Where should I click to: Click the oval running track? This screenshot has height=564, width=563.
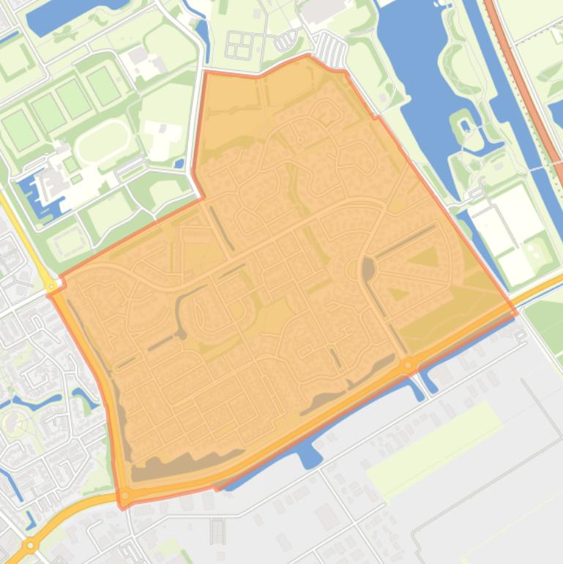click(x=102, y=138)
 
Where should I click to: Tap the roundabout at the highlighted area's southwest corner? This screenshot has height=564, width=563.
click(x=126, y=496)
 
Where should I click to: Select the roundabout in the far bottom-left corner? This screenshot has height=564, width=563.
click(x=29, y=546)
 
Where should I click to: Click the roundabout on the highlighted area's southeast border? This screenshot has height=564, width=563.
click(x=407, y=364)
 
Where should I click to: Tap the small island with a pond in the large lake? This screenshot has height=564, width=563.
click(x=465, y=126)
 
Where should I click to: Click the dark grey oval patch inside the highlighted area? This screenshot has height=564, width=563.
click(x=368, y=270)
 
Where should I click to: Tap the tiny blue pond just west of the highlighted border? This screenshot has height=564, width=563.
click(x=180, y=163)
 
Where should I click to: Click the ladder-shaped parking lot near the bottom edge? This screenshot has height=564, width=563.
click(x=217, y=531)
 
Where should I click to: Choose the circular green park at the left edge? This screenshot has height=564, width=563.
click(x=15, y=423)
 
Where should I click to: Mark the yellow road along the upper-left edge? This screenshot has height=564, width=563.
click(x=22, y=227)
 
